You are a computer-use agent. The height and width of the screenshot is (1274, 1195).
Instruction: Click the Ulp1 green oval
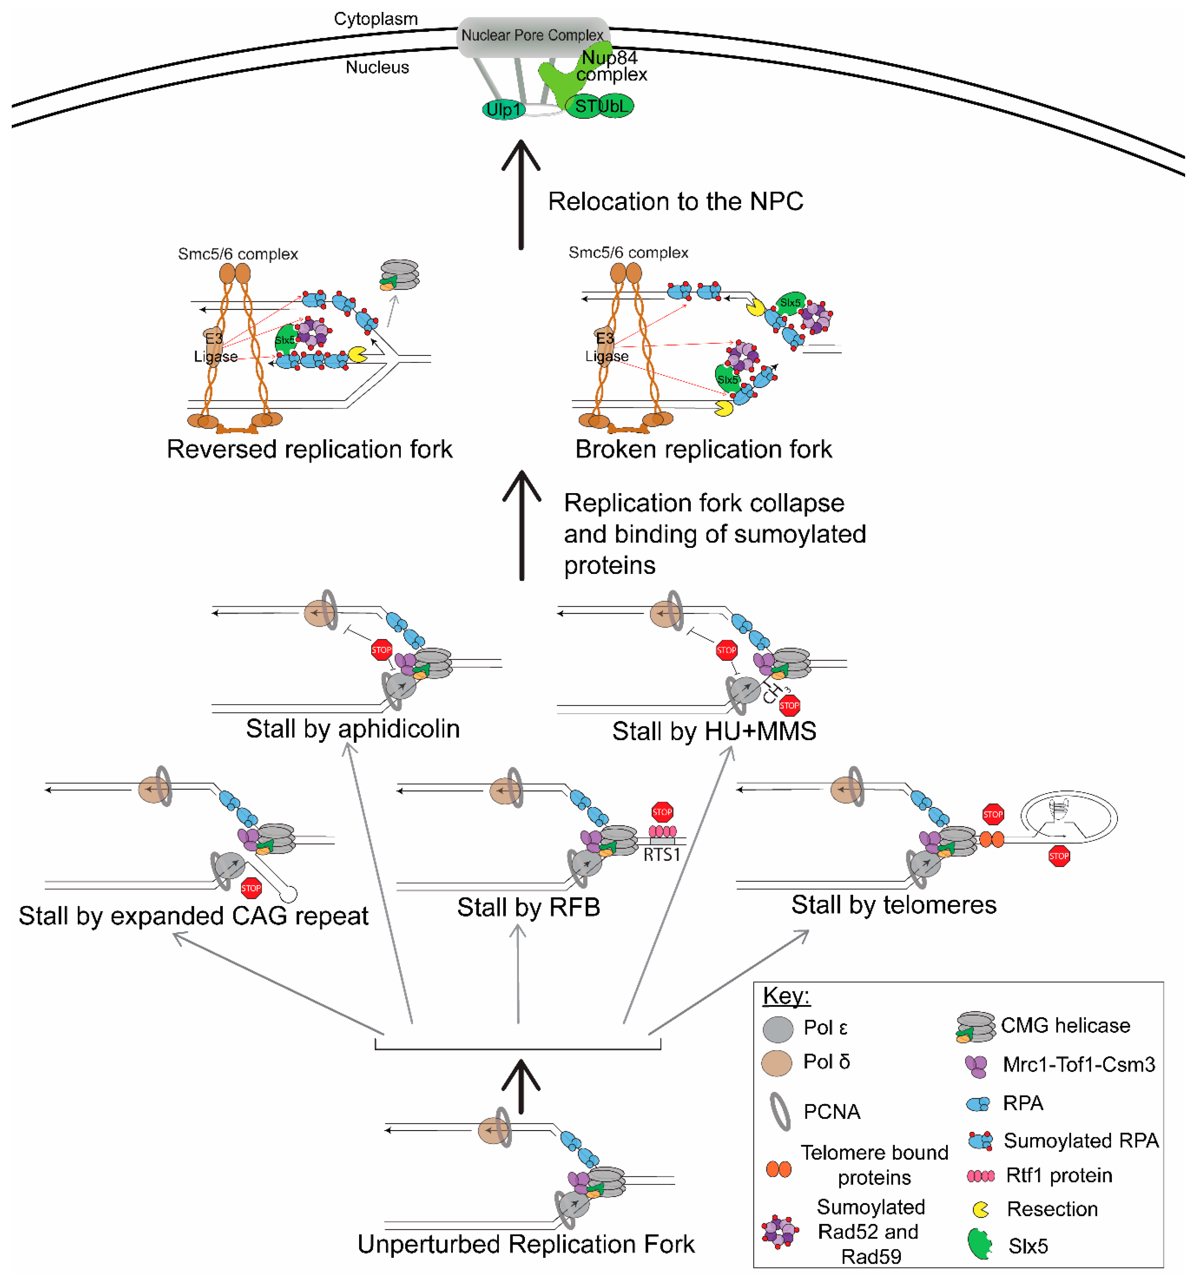(x=504, y=110)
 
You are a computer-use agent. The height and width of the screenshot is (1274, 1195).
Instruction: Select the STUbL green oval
(x=600, y=106)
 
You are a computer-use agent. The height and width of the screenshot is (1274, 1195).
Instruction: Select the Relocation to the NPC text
(x=675, y=201)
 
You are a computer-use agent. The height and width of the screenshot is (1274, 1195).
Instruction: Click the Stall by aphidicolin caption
(x=352, y=729)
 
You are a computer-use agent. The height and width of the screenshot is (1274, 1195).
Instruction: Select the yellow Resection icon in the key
(x=980, y=1209)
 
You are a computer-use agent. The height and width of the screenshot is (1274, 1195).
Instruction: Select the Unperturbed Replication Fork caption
(x=526, y=1244)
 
